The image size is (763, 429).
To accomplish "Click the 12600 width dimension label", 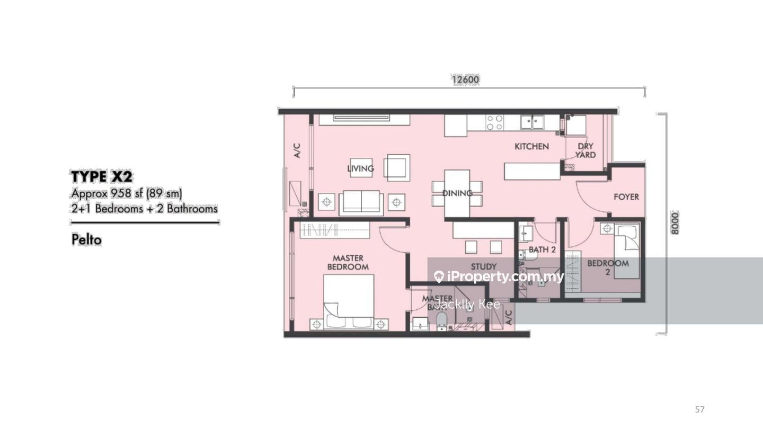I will pos(465,80).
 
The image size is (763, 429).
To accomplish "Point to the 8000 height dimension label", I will pos(674,223).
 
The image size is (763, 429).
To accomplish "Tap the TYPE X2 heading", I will pos(101,176).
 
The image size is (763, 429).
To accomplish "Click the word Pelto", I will pos(86,240).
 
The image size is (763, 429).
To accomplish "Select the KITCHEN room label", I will pos(531,146).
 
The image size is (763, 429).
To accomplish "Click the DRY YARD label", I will pos(585,150).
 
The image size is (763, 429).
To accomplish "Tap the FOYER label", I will pos(626,196).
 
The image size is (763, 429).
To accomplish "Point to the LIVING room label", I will pos(360,168).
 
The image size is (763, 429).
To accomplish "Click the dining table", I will pos(457,193).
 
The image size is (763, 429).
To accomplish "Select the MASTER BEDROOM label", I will pos(348,263).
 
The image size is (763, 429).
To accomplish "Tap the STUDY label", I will pos(483,266).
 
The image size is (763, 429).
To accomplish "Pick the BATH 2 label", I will pos(542,249).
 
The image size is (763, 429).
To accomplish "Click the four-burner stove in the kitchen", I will pos(495,123).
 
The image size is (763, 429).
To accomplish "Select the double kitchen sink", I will pos(533,122).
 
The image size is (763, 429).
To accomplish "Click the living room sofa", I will pos(361,202).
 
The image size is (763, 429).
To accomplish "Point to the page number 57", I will pos(700,409).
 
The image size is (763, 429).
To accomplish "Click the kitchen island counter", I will pos(532,171).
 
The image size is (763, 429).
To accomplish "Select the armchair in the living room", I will pos(397,167).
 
